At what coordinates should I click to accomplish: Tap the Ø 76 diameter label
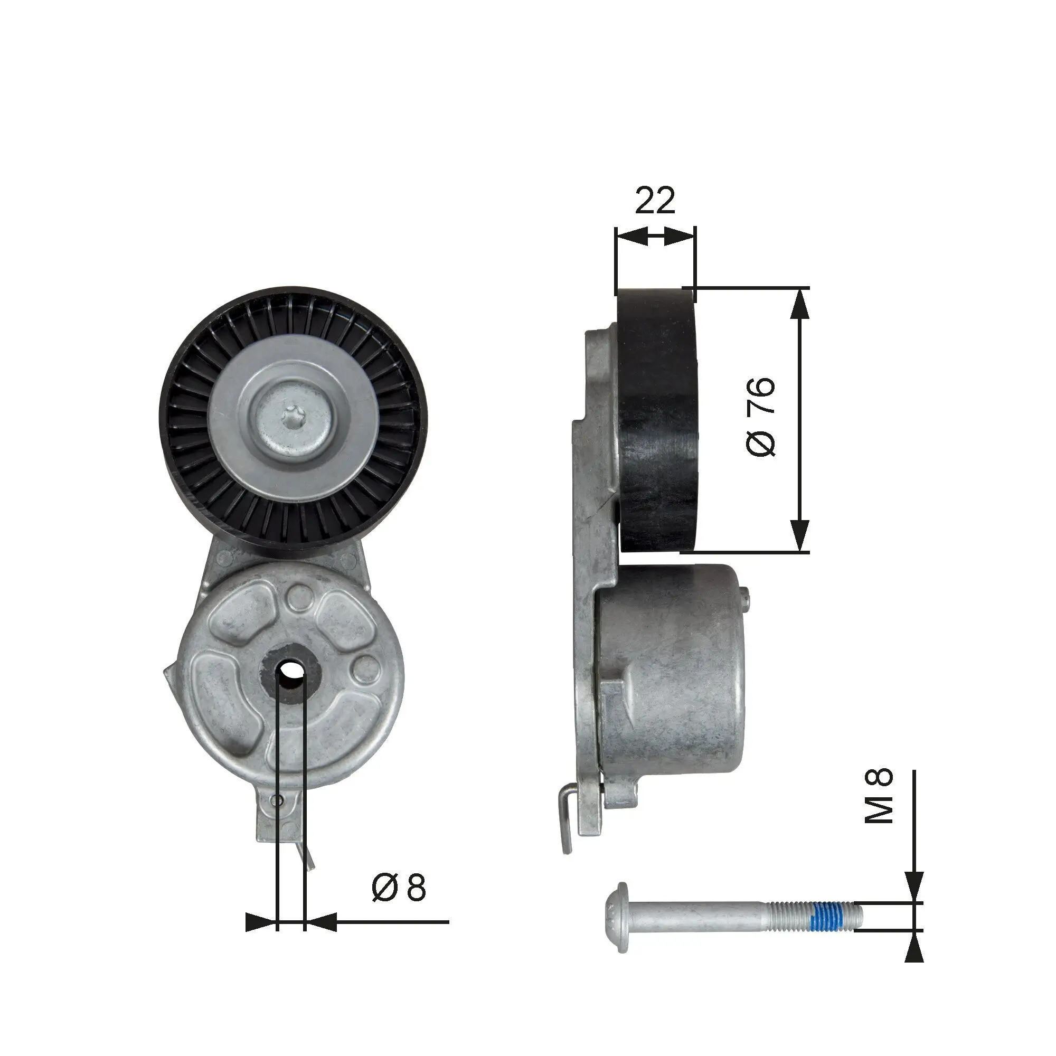coord(760,416)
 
